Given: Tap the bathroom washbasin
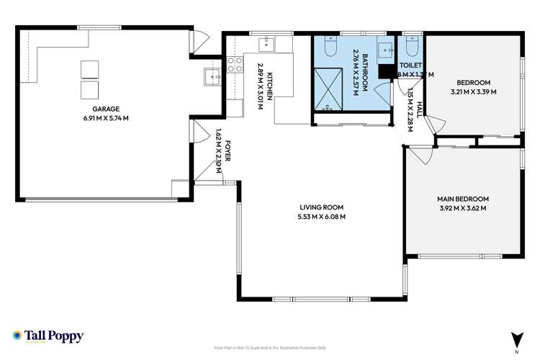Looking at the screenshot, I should pyautogui.click(x=383, y=49).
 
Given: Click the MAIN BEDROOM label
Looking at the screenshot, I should pyautogui.click(x=462, y=199).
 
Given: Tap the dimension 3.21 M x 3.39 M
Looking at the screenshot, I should pyautogui.click(x=473, y=91).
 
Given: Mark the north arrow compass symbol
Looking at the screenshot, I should pyautogui.click(x=516, y=339).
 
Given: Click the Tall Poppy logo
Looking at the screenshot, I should pyautogui.click(x=48, y=336).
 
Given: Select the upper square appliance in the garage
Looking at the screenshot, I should pyautogui.click(x=90, y=68).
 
